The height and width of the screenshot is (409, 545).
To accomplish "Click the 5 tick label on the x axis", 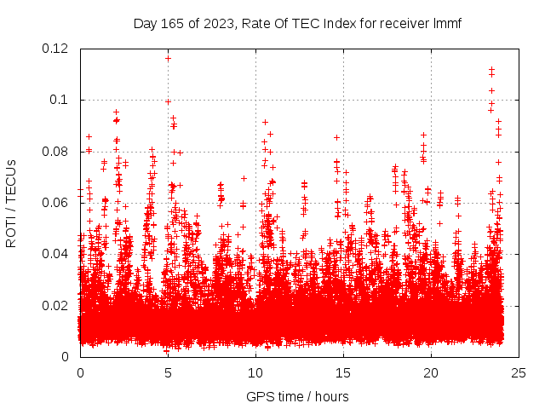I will pyautogui.click(x=168, y=373).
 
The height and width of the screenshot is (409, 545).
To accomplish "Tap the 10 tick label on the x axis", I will pyautogui.click(x=255, y=373).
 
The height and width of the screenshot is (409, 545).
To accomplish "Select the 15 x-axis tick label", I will pyautogui.click(x=343, y=373).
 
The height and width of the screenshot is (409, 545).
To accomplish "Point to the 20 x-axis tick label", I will pyautogui.click(x=431, y=373).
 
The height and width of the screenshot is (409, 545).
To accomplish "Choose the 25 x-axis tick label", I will pyautogui.click(x=519, y=373).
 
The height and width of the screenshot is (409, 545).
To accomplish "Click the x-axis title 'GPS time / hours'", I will pyautogui.click(x=297, y=396).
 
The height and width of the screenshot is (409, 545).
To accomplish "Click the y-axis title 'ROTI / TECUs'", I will pyautogui.click(x=11, y=203).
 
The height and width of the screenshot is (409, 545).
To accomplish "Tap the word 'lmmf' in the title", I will pyautogui.click(x=446, y=24).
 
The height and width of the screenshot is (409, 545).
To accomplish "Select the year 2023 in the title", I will pyautogui.click(x=216, y=24).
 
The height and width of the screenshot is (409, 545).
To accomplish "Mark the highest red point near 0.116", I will pyautogui.click(x=168, y=58).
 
